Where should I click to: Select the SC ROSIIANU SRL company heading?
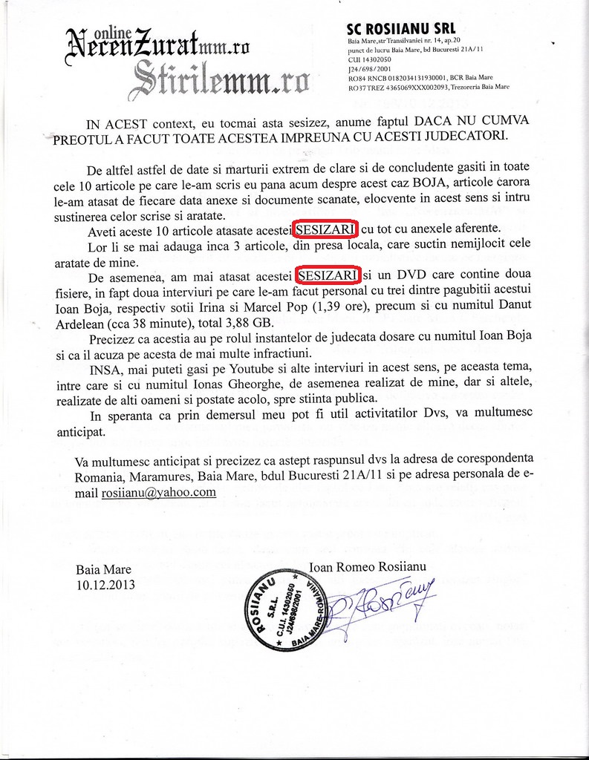[x=401, y=28]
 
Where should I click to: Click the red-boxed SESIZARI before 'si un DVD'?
[x=328, y=275]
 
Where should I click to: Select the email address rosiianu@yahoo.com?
[x=158, y=491]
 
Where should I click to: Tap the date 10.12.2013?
[x=105, y=584]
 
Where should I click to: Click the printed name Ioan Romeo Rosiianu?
[x=362, y=568]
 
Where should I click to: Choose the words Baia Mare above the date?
[x=103, y=569]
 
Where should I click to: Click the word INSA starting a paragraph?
[x=103, y=369]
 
